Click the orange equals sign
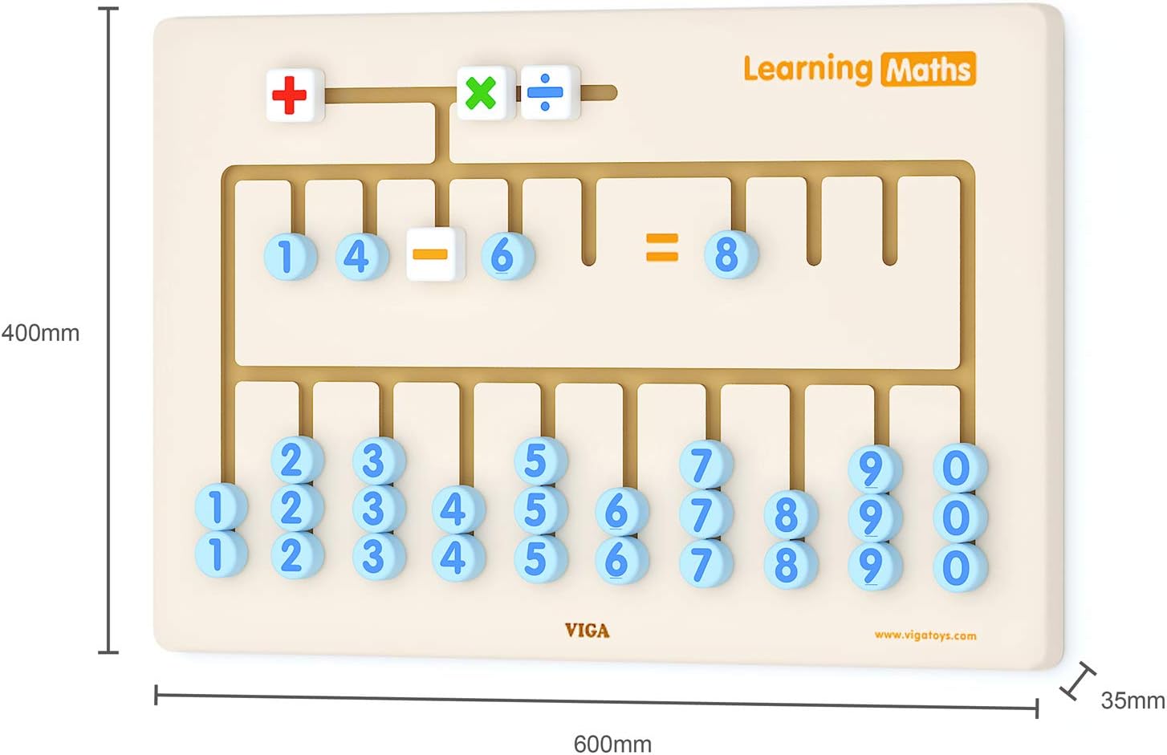tap(662, 247)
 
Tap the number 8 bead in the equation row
tap(729, 254)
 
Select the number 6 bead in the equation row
tap(505, 255)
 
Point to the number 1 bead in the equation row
tap(288, 256)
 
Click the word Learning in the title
tap(807, 70)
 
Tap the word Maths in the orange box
tap(929, 70)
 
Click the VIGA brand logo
tap(587, 631)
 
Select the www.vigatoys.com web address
tap(925, 635)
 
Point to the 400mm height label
tap(40, 332)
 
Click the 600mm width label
tap(612, 743)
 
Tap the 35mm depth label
tap(1132, 700)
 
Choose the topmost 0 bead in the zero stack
tap(958, 468)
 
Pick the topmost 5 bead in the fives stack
tap(539, 461)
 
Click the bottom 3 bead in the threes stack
tap(377, 556)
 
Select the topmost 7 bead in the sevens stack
tap(704, 465)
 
